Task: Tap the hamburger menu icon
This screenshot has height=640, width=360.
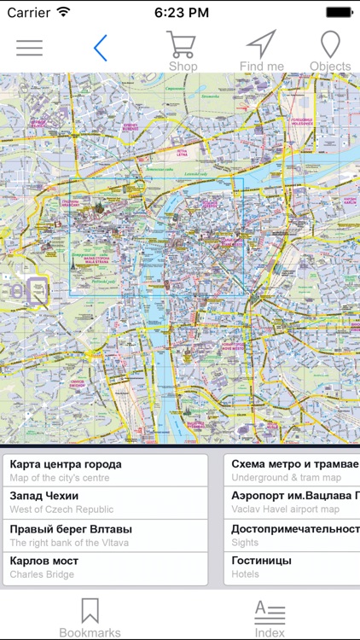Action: [x=29, y=48]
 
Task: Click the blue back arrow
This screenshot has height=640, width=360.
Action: [x=101, y=48]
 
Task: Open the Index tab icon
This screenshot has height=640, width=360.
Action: [x=270, y=613]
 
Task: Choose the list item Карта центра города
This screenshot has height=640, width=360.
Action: [x=106, y=470]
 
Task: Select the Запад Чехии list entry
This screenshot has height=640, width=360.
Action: [x=106, y=502]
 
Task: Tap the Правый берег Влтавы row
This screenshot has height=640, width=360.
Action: [x=106, y=535]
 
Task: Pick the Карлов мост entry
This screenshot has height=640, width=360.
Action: [x=106, y=567]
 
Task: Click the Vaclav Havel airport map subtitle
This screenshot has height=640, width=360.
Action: [x=285, y=509]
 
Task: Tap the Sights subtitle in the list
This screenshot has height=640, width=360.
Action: [x=246, y=542]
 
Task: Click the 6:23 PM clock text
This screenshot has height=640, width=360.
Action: [x=181, y=13]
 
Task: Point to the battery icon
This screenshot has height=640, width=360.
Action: [x=339, y=12]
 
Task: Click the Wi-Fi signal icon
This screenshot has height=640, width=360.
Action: [x=63, y=12]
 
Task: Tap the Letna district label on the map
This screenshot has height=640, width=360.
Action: [x=182, y=154]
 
